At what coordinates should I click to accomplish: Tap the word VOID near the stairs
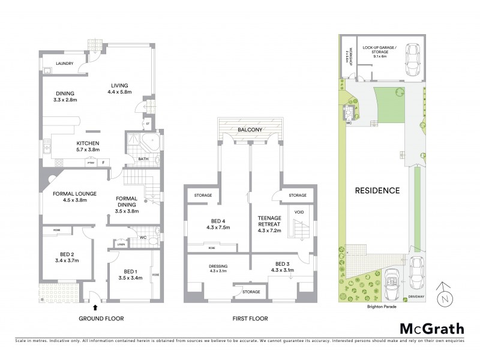pyautogui.click(x=298, y=211)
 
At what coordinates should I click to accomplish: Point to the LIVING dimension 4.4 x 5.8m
pyautogui.click(x=122, y=92)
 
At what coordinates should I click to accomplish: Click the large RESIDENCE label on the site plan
pyautogui.click(x=377, y=191)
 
